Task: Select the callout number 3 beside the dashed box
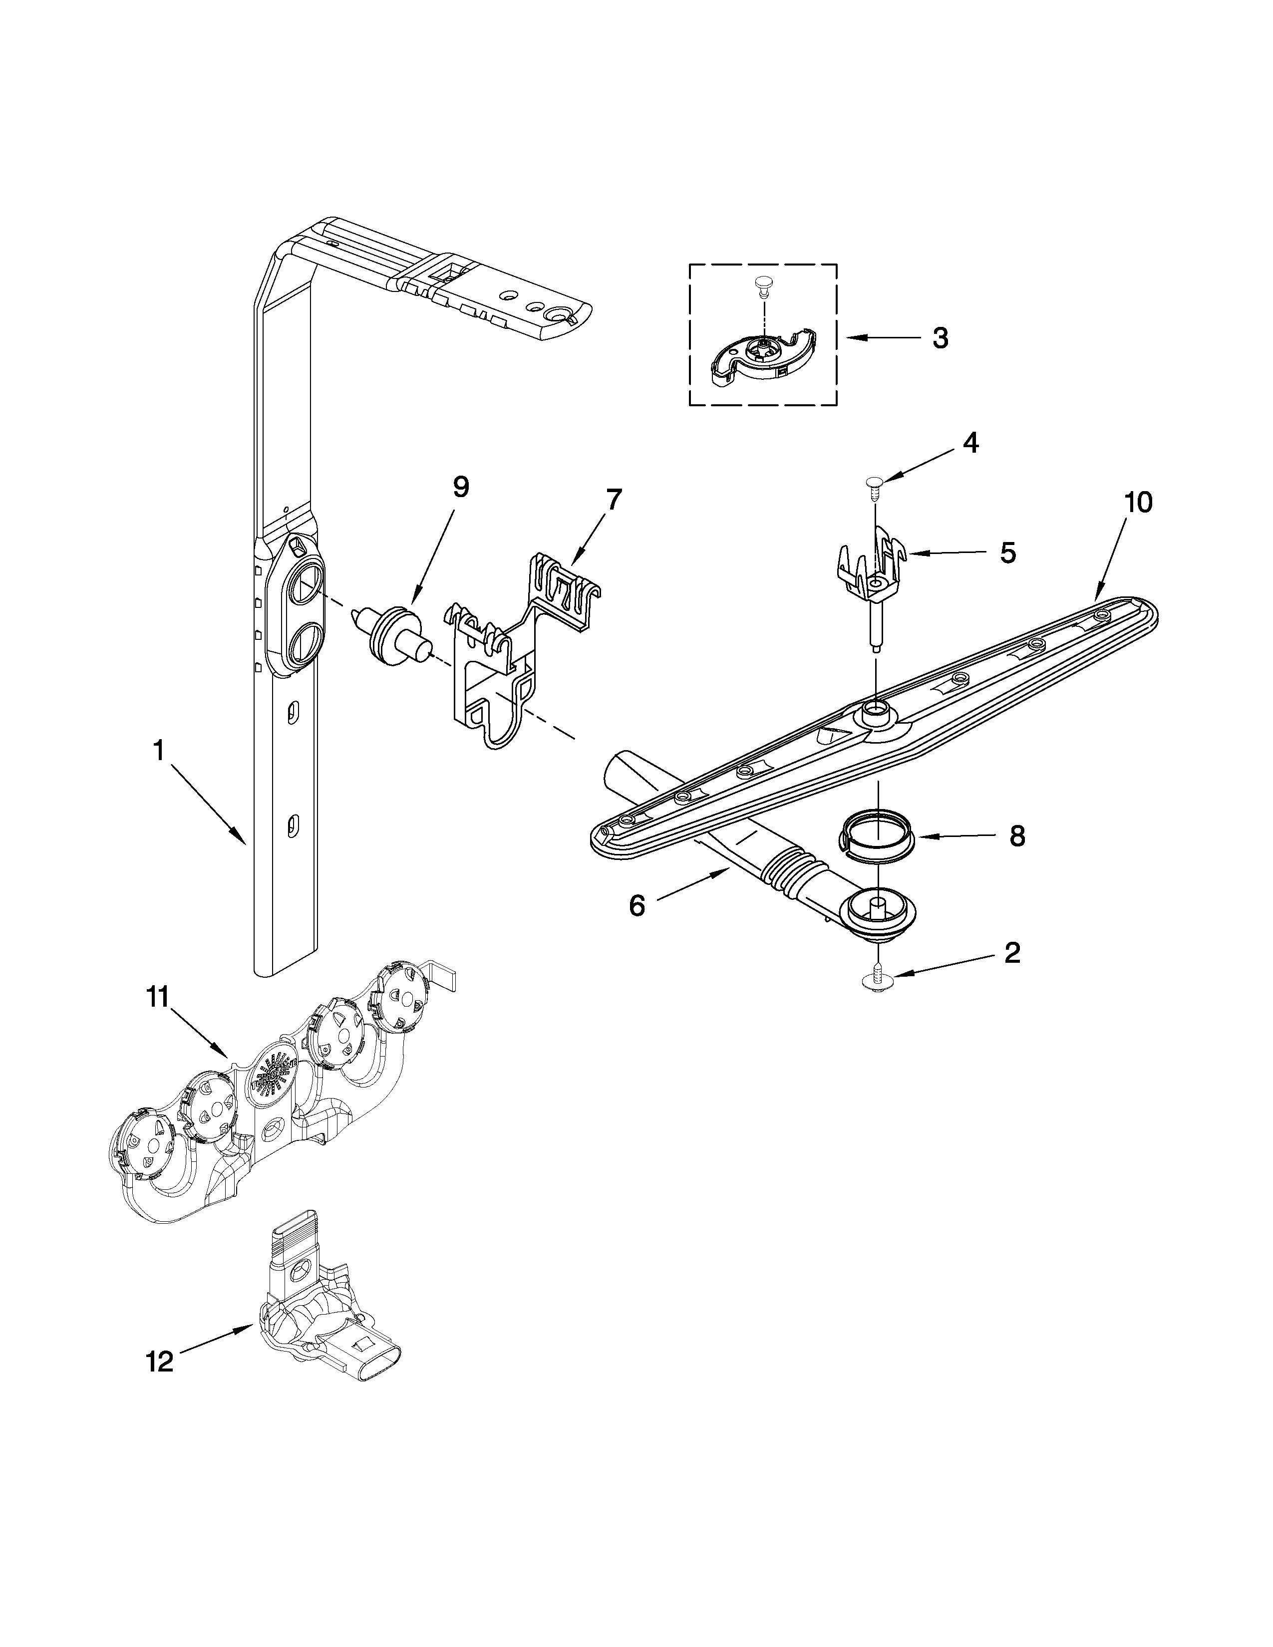(940, 338)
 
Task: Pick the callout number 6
(637, 906)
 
